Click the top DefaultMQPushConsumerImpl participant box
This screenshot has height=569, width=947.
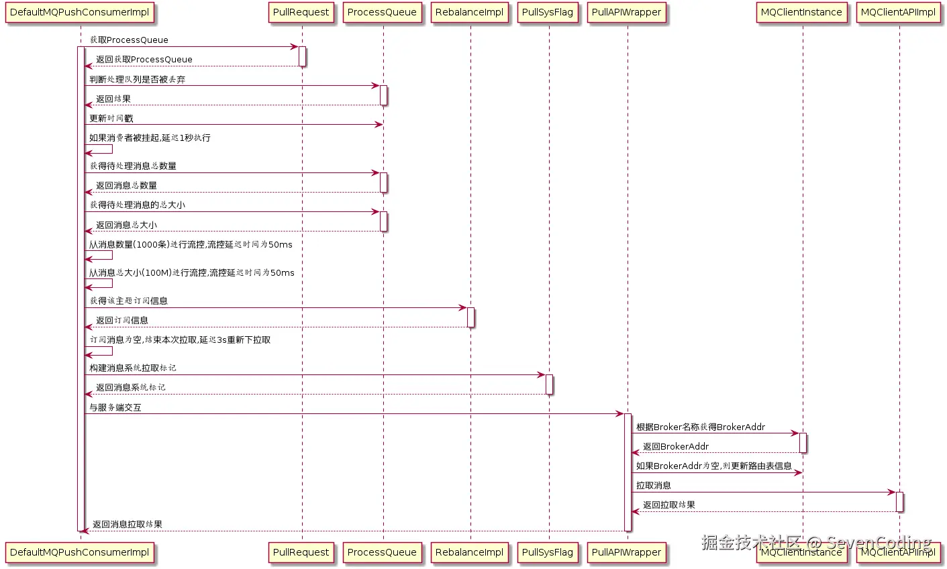pyautogui.click(x=79, y=13)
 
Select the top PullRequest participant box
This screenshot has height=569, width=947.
pyautogui.click(x=301, y=13)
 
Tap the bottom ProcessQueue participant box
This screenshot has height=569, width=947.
pyautogui.click(x=382, y=552)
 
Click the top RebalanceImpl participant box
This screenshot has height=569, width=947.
pyautogui.click(x=469, y=13)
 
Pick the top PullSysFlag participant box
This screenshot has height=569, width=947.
pyautogui.click(x=547, y=13)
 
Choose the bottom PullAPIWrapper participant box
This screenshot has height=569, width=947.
pyautogui.click(x=626, y=552)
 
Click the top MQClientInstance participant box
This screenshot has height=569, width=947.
pyautogui.click(x=801, y=13)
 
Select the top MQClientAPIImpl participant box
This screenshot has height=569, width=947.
pyautogui.click(x=898, y=13)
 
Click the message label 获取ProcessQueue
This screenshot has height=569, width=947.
pyautogui.click(x=129, y=40)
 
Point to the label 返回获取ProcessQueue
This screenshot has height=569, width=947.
pyautogui.click(x=144, y=60)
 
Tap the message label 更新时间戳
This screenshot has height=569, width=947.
pyautogui.click(x=111, y=119)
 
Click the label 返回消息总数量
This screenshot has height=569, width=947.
pyautogui.click(x=126, y=186)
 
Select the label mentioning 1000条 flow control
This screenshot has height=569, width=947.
pyautogui.click(x=191, y=245)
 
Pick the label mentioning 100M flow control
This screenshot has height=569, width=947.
pyautogui.click(x=192, y=273)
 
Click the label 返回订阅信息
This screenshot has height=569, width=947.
pyautogui.click(x=121, y=321)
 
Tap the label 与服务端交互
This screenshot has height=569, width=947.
pyautogui.click(x=115, y=408)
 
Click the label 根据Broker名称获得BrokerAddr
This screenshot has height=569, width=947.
pyautogui.click(x=700, y=427)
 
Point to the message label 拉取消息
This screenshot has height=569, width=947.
pyautogui.click(x=653, y=486)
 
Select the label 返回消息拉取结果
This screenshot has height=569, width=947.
pyautogui.click(x=127, y=525)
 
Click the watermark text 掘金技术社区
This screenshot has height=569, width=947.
pyautogui.click(x=751, y=542)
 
